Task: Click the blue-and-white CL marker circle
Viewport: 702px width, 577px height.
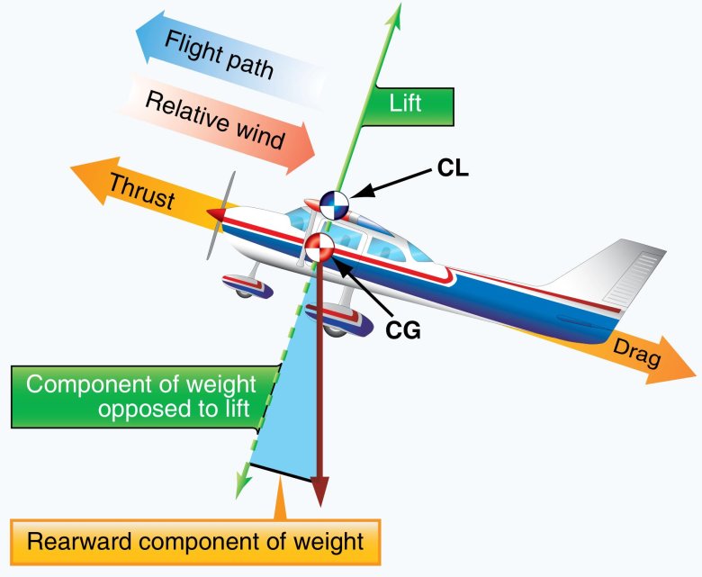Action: tap(332, 206)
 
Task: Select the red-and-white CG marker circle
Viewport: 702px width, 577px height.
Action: tap(319, 248)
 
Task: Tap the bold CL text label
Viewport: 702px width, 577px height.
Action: tap(455, 167)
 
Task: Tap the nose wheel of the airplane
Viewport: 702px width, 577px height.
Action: tap(242, 288)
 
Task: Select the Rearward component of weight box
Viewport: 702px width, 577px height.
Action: tap(195, 542)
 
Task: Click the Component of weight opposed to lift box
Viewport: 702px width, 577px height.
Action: tap(141, 397)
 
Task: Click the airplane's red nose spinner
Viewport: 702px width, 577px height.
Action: tap(217, 214)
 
